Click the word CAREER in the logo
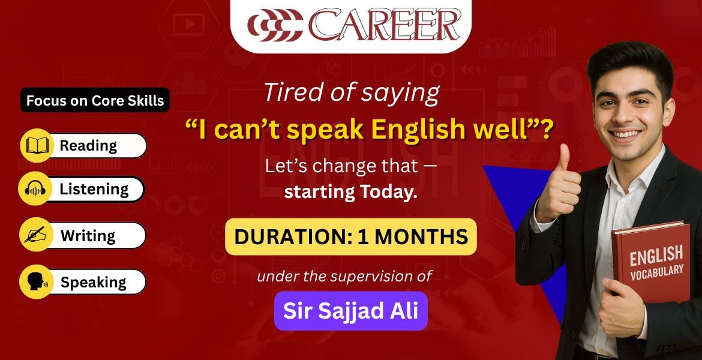[384, 25]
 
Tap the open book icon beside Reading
[37, 146]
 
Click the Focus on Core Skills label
[95, 100]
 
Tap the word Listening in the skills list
[94, 190]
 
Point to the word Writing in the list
[88, 236]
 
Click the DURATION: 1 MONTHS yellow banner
[350, 236]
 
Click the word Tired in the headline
[290, 93]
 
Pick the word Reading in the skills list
[88, 146]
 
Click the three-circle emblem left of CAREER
[275, 26]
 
